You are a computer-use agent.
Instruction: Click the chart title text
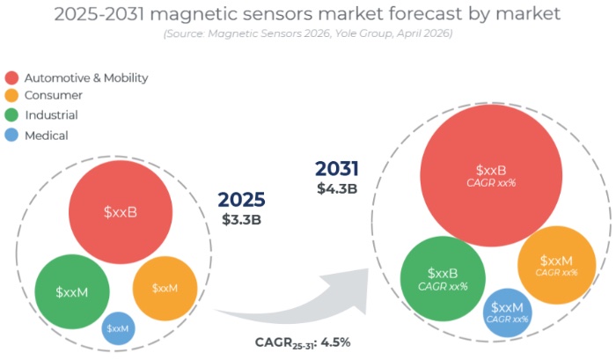click(308, 14)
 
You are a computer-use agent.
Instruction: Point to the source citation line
click(308, 33)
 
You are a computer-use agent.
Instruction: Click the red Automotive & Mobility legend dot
click(12, 77)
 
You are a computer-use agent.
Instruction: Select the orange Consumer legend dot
click(12, 95)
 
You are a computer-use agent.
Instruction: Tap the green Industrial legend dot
click(12, 115)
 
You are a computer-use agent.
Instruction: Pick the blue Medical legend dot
click(12, 135)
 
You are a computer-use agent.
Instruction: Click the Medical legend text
click(46, 135)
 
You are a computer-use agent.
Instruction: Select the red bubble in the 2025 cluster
click(120, 212)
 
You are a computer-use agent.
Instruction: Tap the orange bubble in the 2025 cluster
click(164, 288)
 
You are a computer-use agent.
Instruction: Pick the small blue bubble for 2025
click(118, 327)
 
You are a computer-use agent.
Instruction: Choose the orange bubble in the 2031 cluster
click(557, 265)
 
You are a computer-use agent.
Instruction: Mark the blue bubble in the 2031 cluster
click(508, 312)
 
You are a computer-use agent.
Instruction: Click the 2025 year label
click(242, 200)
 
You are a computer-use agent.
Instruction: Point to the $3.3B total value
click(242, 219)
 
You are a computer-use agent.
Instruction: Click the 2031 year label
click(337, 169)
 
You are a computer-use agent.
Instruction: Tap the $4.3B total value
click(337, 187)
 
